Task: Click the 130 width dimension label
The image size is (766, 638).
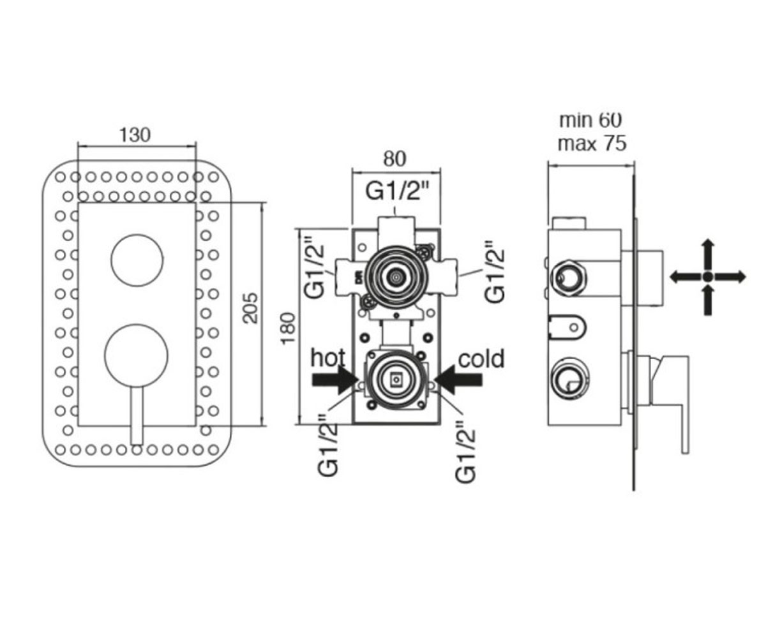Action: coord(135,135)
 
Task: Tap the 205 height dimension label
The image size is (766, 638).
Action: coord(251,308)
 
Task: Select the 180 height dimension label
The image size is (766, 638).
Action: coord(289,327)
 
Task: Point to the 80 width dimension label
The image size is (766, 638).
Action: coord(394,159)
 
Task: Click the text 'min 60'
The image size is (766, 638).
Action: coord(590,121)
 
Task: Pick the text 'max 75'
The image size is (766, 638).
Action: coord(592,144)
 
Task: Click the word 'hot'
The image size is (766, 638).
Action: coord(328,357)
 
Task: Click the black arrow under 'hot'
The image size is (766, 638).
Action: coord(335,380)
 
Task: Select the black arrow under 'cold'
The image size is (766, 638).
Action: coord(458,380)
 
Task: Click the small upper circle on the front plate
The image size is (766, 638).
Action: coord(137,260)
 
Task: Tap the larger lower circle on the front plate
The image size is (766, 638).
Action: coord(137,355)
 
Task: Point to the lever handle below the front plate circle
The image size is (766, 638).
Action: coord(137,415)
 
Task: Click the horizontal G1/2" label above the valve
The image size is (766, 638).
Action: coord(397,192)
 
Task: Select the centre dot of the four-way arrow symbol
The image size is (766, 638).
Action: coord(708,276)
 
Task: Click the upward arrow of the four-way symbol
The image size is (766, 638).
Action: coord(708,255)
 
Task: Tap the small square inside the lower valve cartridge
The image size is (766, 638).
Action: coord(396,380)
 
